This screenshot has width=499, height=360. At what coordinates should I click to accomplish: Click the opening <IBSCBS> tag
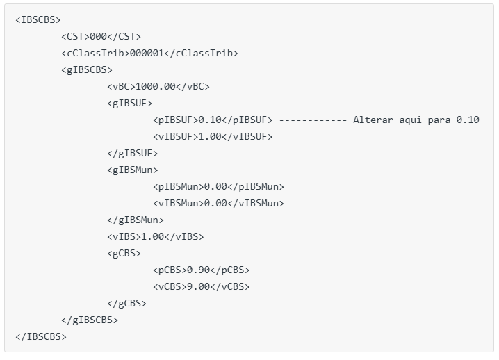pos(38,19)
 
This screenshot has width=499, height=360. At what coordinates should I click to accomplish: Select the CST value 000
pos(98,36)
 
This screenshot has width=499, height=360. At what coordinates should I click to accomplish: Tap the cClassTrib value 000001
pos(147,53)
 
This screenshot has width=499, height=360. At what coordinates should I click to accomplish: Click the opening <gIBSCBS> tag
pos(87,69)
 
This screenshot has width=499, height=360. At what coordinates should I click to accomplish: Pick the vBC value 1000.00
pos(155,86)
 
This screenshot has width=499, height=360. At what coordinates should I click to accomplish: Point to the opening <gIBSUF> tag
pos(130,103)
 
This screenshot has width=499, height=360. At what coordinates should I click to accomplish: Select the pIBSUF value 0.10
pos(210,120)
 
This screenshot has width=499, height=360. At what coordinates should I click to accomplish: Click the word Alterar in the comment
pos(373,120)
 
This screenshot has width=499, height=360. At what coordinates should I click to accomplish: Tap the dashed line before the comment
pos(313,120)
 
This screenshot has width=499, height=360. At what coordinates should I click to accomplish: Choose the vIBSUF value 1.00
pos(210,136)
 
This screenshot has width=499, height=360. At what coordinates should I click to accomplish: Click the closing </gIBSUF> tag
pos(132,153)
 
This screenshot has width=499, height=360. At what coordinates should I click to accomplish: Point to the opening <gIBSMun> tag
pos(132,170)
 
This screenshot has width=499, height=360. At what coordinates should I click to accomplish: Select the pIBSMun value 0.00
pos(215,186)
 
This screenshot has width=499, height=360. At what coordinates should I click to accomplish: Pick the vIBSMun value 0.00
pos(215,203)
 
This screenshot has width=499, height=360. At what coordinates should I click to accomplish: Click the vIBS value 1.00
pos(152,236)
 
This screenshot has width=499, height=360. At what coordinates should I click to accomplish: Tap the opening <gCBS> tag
pos(124,253)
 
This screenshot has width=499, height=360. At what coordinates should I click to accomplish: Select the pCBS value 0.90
pos(198,270)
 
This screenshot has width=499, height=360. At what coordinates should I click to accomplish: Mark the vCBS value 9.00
pos(198,286)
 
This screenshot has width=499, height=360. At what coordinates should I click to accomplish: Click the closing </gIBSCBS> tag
pos(90,320)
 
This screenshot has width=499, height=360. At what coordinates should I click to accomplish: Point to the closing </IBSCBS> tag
pos(41,336)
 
